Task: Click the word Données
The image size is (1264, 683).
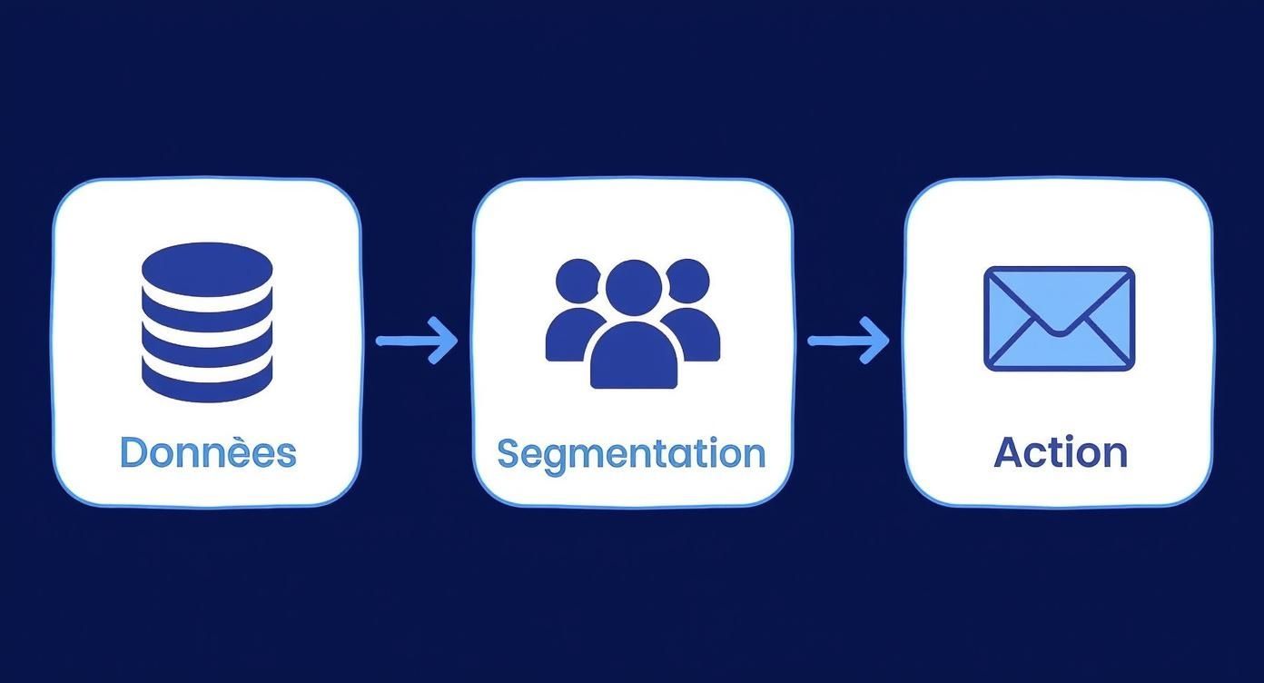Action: click(x=207, y=452)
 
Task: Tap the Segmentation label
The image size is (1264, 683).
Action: click(x=631, y=452)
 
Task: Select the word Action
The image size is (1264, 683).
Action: click(x=1061, y=452)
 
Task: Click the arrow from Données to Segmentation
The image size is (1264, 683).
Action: click(x=417, y=341)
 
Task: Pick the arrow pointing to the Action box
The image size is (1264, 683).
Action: click(x=848, y=341)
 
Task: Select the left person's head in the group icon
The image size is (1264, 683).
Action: click(x=578, y=281)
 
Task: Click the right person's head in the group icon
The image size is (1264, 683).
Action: click(x=687, y=281)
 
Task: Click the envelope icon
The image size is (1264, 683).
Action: click(x=1059, y=318)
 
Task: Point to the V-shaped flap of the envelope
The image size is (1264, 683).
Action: click(x=1059, y=313)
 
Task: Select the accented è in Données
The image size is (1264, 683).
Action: click(x=252, y=452)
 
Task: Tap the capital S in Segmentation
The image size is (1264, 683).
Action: click(x=509, y=452)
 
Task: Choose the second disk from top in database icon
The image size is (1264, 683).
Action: click(x=207, y=313)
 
